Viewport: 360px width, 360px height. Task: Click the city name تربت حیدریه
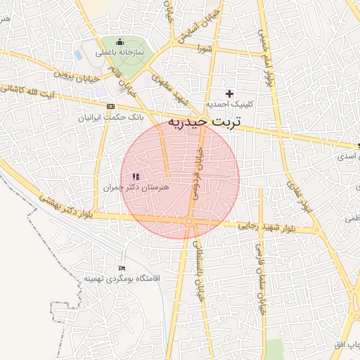tap(204, 122)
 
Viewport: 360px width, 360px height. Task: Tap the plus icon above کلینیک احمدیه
tap(229, 94)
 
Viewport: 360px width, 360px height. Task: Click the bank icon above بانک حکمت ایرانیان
tap(110, 106)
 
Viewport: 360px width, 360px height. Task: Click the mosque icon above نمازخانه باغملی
tap(120, 41)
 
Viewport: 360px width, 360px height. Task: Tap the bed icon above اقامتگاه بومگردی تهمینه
tap(122, 268)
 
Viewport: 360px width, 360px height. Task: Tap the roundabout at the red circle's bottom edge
tap(189, 222)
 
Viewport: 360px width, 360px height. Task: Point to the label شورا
tap(205, 48)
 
